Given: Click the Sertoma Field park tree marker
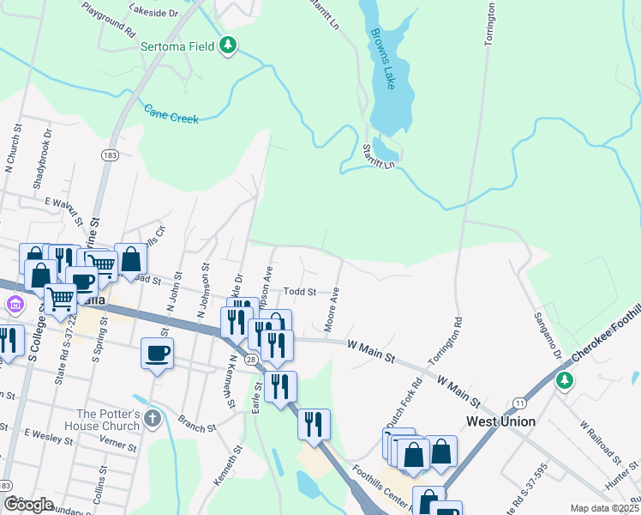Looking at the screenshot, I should (228, 45).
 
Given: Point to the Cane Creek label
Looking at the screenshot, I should (171, 113).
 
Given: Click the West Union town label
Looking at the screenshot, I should (500, 421).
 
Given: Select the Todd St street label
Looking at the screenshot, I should (300, 292).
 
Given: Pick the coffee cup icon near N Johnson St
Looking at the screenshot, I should (158, 353).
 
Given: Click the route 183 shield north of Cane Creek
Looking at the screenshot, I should (109, 154).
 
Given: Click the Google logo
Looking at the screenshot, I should (28, 505).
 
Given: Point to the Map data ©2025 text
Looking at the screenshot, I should (605, 508).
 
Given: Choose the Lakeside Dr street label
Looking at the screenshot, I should (153, 14).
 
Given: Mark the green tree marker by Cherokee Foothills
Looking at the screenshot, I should (564, 379).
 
